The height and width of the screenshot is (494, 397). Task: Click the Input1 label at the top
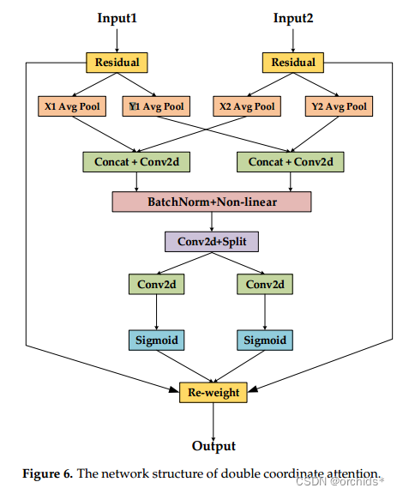pyautogui.click(x=117, y=18)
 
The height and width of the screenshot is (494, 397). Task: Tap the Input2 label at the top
pyautogui.click(x=293, y=18)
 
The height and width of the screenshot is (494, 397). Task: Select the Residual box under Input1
pyautogui.click(x=117, y=62)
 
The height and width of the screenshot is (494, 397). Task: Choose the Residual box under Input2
pyautogui.click(x=293, y=62)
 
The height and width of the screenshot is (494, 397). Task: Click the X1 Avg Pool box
pyautogui.click(x=73, y=106)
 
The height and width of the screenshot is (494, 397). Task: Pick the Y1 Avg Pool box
pyautogui.click(x=157, y=106)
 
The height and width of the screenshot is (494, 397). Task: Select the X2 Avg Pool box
pyautogui.click(x=247, y=106)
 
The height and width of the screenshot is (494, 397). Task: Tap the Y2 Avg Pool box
pyautogui.click(x=337, y=106)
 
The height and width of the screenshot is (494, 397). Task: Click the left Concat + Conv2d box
pyautogui.click(x=137, y=160)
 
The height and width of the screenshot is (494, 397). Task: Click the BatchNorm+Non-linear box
pyautogui.click(x=212, y=202)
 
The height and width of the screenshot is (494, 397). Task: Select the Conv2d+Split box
pyautogui.click(x=212, y=242)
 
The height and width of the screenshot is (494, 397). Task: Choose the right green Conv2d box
pyautogui.click(x=264, y=284)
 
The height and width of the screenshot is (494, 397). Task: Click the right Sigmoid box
pyautogui.click(x=264, y=340)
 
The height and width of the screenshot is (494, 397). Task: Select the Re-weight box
pyautogui.click(x=214, y=393)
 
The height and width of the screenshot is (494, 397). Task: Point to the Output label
pyautogui.click(x=214, y=446)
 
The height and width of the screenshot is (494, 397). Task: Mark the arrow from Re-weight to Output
pyautogui.click(x=214, y=419)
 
